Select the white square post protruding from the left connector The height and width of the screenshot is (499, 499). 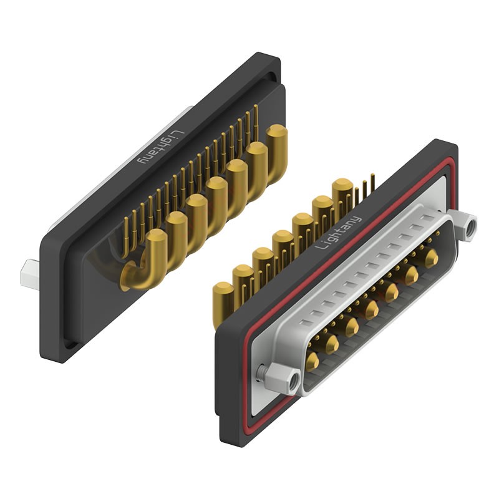point(30,274)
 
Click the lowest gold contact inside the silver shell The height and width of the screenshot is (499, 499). point(312,360)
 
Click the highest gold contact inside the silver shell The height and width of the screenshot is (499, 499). point(431,256)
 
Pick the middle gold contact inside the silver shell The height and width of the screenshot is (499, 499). point(372,308)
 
